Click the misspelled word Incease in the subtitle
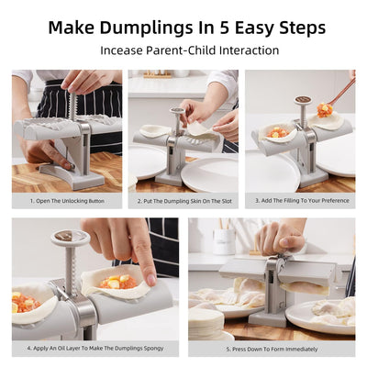click(125, 50)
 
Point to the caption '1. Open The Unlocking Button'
click(66, 199)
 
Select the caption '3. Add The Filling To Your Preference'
click(300, 199)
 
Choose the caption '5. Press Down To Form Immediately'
click(271, 349)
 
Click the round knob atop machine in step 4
click(70, 238)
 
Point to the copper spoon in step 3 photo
click(339, 92)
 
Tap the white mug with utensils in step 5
click(224, 240)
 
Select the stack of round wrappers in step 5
click(206, 321)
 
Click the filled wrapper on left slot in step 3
click(275, 133)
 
